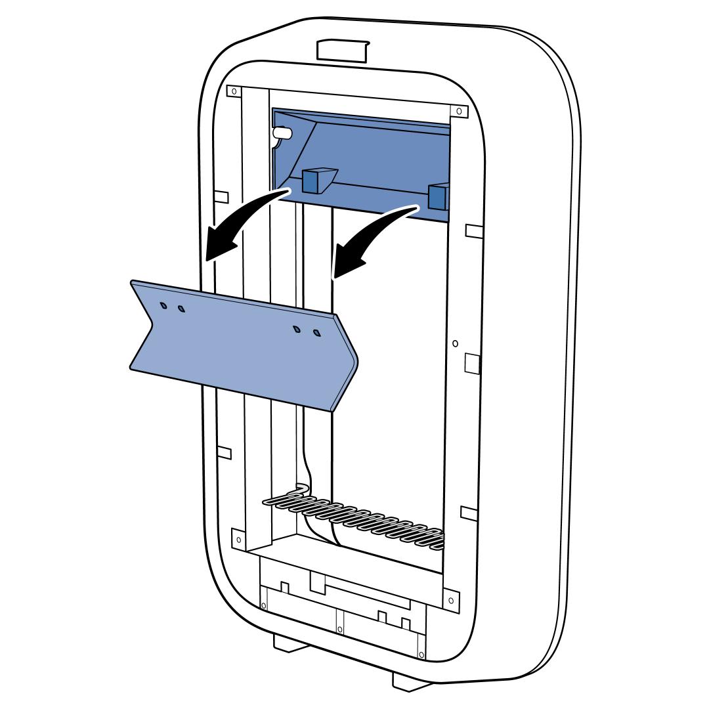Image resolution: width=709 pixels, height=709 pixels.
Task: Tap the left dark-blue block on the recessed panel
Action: pos(313,180)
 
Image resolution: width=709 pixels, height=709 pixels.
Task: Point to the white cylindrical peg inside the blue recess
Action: pos(282,132)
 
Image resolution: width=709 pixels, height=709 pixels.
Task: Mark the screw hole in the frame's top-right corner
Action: pos(458,111)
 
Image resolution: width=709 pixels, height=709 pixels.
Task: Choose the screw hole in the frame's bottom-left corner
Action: pos(238,540)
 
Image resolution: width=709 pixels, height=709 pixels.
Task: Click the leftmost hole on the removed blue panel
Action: pos(163,305)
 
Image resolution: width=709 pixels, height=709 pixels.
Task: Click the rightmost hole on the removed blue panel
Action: pos(317,333)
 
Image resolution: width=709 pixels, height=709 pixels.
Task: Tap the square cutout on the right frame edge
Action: pos(472,363)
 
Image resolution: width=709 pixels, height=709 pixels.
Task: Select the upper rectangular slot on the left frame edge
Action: pos(221,196)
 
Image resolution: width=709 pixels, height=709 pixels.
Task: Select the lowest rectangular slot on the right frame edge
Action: pos(469,511)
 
